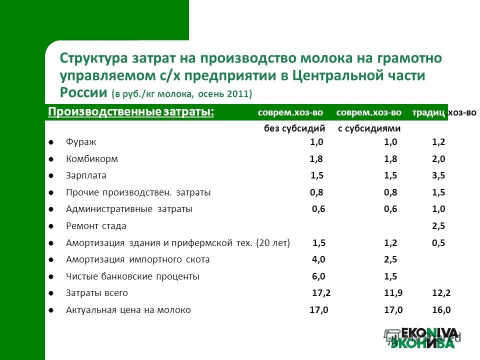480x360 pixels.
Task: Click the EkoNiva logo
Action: [x=423, y=338]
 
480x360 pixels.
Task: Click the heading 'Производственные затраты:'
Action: [x=131, y=111]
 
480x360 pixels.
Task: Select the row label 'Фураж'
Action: [x=81, y=142]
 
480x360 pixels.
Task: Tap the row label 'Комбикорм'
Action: [x=92, y=159]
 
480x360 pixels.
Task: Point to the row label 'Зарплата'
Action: [x=86, y=175]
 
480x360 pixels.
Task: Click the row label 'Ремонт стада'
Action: [x=96, y=226]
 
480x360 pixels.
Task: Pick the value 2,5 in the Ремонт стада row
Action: [x=438, y=226]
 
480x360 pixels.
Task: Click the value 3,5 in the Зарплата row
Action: [x=438, y=175]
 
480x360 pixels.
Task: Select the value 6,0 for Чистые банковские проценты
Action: [x=318, y=276]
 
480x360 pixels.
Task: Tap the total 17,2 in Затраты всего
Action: [x=321, y=293]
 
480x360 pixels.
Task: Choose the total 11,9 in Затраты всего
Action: [x=393, y=293]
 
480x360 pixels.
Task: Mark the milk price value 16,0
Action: [x=441, y=310]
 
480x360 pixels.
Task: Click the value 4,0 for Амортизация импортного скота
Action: [x=318, y=259]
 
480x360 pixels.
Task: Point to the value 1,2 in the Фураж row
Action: [x=438, y=141]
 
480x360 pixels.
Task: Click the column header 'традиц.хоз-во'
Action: [x=444, y=112]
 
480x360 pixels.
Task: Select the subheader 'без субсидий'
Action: [x=294, y=128]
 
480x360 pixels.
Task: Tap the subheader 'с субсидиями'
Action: [x=369, y=128]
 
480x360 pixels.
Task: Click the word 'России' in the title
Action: [x=83, y=92]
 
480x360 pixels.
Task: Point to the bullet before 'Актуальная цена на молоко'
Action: [x=51, y=310]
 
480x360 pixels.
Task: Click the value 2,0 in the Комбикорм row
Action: [x=438, y=159]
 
